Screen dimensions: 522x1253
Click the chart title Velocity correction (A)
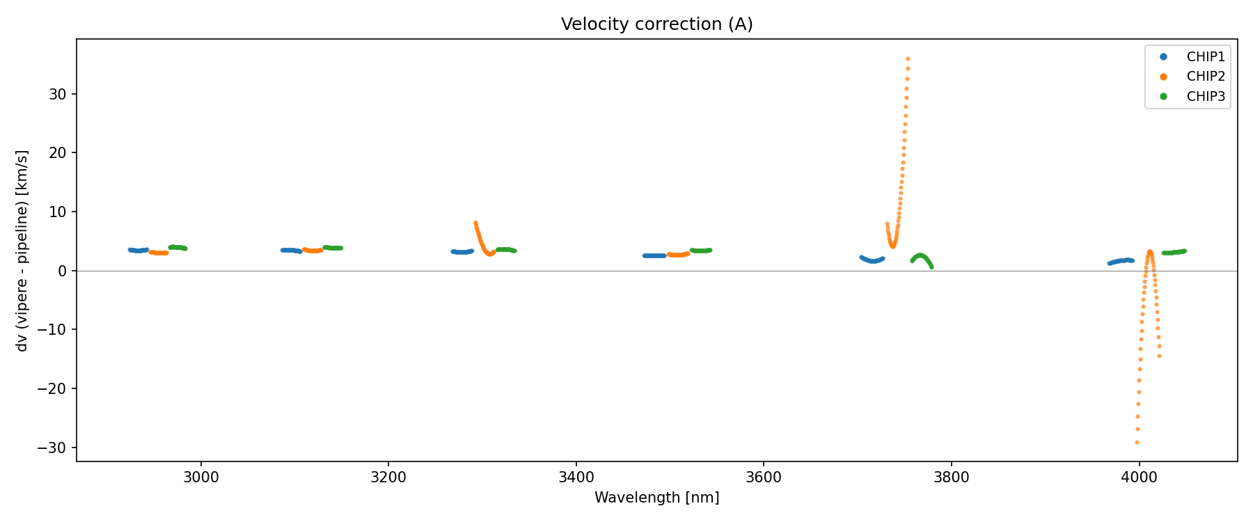point(656,24)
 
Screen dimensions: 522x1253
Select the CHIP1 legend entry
point(1205,57)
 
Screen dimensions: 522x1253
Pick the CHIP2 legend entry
point(1205,77)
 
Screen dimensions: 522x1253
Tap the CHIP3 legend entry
point(1205,97)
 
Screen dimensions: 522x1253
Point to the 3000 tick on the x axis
point(201,477)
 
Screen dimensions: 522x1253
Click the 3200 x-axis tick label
point(388,477)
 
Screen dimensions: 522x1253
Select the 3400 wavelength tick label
point(576,477)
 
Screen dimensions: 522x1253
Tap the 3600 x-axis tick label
point(764,477)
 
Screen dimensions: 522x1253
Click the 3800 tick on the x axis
point(951,477)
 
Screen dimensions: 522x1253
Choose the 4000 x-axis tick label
point(1139,477)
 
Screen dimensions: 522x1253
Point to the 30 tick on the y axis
point(58,94)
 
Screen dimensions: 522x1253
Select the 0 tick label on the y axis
point(63,271)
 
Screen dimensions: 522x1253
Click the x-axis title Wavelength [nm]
point(656,498)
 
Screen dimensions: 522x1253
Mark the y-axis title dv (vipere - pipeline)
point(22,251)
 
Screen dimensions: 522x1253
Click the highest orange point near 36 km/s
point(908,59)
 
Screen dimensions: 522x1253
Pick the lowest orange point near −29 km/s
point(1137,442)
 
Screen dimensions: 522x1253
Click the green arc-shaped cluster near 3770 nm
point(921,257)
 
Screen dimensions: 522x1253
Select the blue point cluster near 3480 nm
point(654,255)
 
